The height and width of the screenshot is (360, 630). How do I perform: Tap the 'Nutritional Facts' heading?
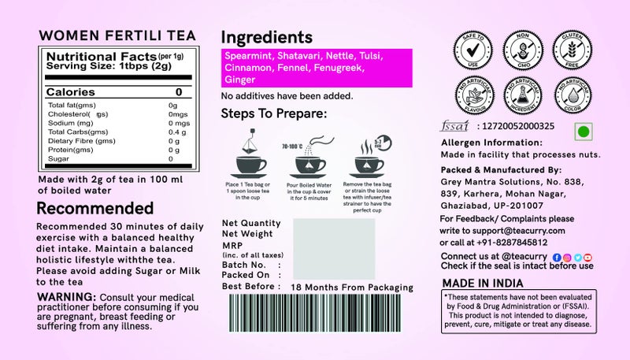91,57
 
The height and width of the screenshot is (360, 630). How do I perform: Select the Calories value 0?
179,92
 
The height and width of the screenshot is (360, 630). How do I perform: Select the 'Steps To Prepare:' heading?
273,114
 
